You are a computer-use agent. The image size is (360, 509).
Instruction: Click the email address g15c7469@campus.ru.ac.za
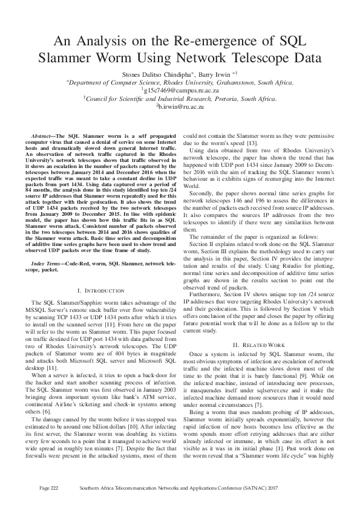pyautogui.click(x=180, y=89)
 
